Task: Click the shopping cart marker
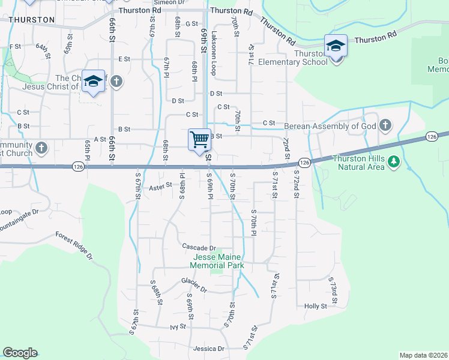coord(199,140)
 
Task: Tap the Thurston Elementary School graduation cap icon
coord(336,46)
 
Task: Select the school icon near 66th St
coord(93,82)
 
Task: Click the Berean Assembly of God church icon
coord(385,125)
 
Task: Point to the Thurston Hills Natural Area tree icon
coord(394,161)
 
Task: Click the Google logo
coord(20,353)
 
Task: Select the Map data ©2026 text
coord(423,355)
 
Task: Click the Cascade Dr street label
coord(199,248)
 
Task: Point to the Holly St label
coord(315,305)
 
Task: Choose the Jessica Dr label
coord(208,348)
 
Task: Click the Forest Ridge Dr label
coord(74,246)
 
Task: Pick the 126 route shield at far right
coord(431,137)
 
